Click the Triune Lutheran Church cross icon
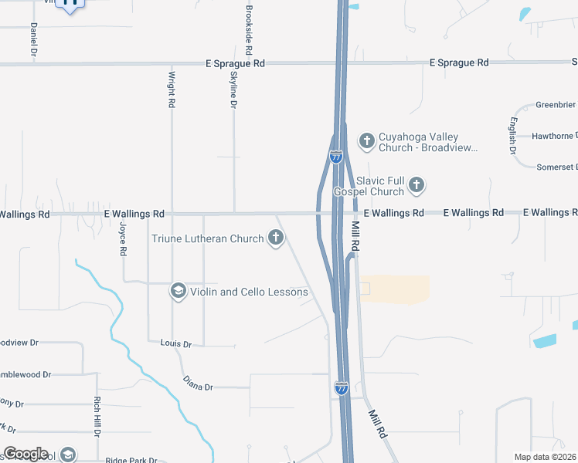(276, 238)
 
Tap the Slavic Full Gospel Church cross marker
(416, 184)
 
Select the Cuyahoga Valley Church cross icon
(367, 140)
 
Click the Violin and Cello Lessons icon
(178, 291)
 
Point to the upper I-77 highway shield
(336, 156)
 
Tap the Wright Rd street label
(172, 90)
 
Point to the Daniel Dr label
(34, 39)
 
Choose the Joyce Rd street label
(123, 239)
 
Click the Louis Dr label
(175, 342)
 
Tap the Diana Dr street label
(198, 382)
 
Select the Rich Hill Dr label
(97, 417)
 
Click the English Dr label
(512, 137)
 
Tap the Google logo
(25, 454)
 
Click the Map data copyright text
(544, 457)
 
